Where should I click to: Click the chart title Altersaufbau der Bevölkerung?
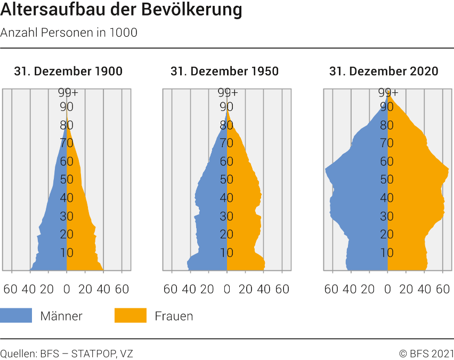121,10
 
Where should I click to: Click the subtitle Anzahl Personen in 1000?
69,33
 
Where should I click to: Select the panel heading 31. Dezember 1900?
68,71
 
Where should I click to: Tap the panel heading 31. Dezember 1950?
224,71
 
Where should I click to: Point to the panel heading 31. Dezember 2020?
384,71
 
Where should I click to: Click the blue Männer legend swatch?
16,316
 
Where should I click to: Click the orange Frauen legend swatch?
130,316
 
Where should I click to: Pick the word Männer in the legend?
61,316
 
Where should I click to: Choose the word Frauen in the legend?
174,316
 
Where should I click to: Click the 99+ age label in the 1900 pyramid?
68,93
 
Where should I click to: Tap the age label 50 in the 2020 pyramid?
387,179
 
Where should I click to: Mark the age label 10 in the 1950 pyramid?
227,252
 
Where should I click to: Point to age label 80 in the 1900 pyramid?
67,125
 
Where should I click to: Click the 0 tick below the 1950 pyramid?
227,289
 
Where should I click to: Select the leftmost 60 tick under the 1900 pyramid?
11,289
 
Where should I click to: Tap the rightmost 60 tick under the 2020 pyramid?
443,289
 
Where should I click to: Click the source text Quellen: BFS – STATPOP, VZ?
67,353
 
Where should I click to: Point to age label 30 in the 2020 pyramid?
387,216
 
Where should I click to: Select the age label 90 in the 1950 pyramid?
227,107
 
